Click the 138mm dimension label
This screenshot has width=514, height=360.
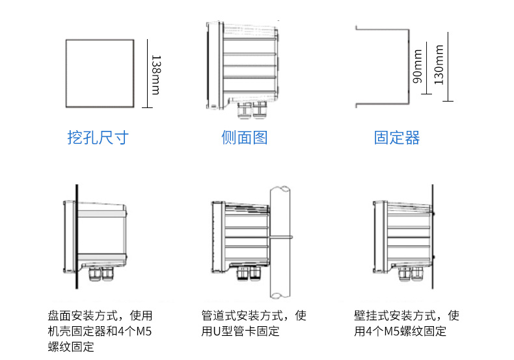click(x=156, y=75)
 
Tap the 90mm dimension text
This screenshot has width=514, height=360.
click(x=418, y=70)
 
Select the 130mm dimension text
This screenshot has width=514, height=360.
click(x=439, y=65)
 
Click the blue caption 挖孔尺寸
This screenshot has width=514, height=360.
click(x=98, y=137)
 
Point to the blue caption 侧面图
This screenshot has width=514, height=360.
click(x=244, y=137)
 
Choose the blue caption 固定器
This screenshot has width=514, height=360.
click(x=397, y=137)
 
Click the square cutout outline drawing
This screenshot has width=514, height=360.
click(x=100, y=73)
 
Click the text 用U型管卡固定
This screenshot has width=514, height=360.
click(x=240, y=332)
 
